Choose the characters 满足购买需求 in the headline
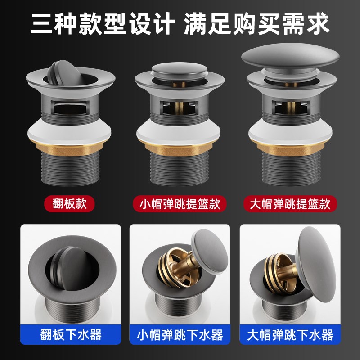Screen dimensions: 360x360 point(256,23)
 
